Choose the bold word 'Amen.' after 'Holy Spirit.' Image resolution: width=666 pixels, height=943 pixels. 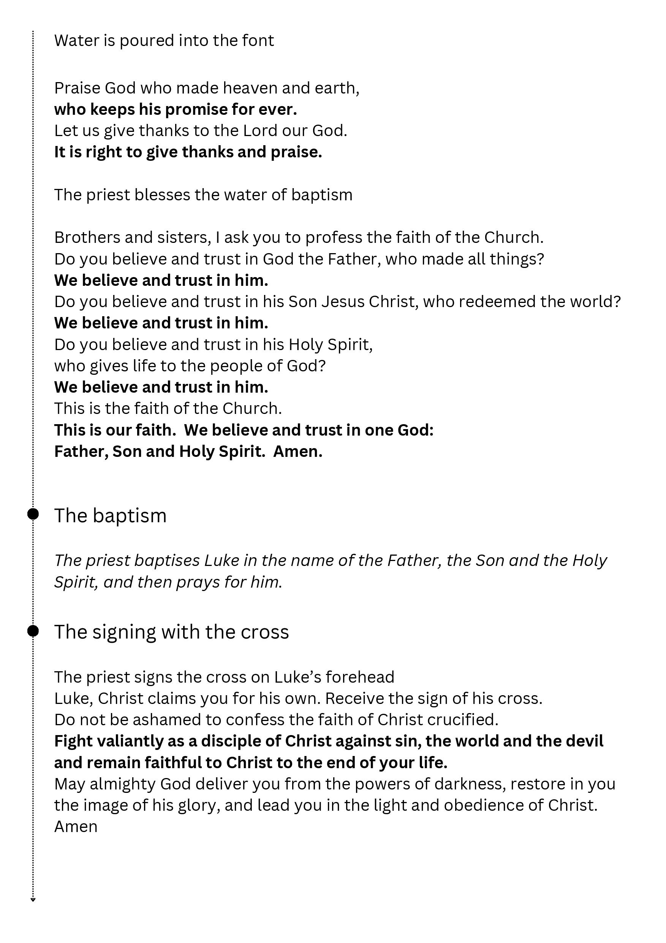click(298, 452)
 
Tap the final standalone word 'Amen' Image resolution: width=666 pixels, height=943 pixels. click(76, 827)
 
